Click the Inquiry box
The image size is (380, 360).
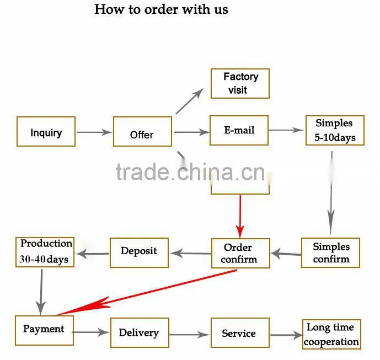pyautogui.click(x=46, y=131)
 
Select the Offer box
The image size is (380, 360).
pyautogui.click(x=142, y=131)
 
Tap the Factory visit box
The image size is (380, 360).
pyautogui.click(x=240, y=84)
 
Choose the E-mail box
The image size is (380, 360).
pyautogui.click(x=239, y=130)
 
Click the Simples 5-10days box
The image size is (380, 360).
pyautogui.click(x=335, y=130)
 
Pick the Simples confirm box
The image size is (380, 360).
pyautogui.click(x=330, y=252)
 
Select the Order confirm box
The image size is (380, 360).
pyautogui.click(x=240, y=253)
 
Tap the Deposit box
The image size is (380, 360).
pyautogui.click(x=139, y=252)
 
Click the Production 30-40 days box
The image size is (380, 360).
pyautogui.click(x=45, y=252)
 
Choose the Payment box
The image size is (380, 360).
pyautogui.click(x=44, y=330)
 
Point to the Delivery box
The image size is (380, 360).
pyautogui.click(x=140, y=332)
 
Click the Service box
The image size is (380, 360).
pyautogui.click(x=240, y=332)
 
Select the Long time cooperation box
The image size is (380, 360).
pyautogui.click(x=331, y=334)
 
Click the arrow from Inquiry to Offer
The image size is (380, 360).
pyautogui.click(x=94, y=132)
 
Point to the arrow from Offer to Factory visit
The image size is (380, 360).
pyautogui.click(x=190, y=101)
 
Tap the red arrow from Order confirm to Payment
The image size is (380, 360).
pyautogui.click(x=146, y=293)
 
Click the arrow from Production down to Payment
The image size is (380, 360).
pyautogui.click(x=41, y=292)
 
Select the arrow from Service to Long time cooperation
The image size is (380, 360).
pyautogui.click(x=286, y=335)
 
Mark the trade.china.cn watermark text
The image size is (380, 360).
pyautogui.click(x=190, y=172)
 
